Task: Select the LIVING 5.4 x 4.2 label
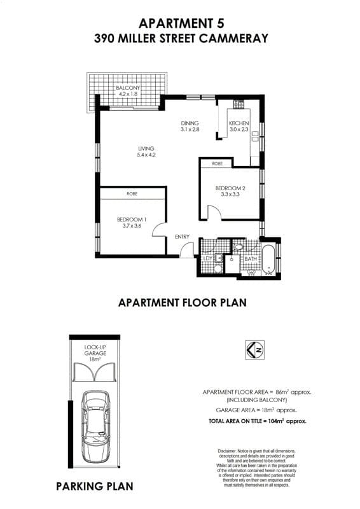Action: point(146,151)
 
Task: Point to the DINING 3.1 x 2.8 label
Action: point(190,126)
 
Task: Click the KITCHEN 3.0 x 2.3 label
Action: point(239,126)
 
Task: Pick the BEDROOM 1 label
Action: point(129,223)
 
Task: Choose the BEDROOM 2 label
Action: point(230,192)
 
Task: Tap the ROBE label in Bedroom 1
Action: point(132,193)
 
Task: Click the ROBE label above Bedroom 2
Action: point(217,164)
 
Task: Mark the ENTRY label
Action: point(183,237)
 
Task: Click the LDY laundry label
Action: point(207,259)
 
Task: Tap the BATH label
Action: point(251,259)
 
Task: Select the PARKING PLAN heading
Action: point(95,487)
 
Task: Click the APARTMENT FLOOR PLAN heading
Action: point(183,303)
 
